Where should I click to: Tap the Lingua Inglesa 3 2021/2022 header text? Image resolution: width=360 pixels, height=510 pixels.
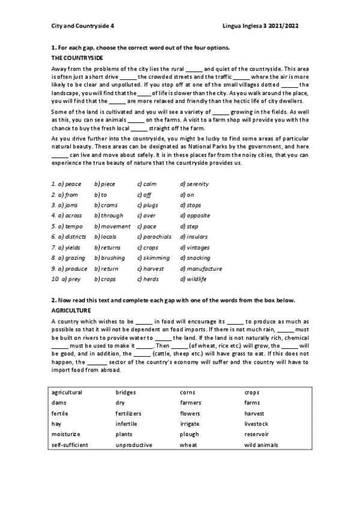tap(260, 26)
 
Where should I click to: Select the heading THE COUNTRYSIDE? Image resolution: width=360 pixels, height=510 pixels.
tap(78, 58)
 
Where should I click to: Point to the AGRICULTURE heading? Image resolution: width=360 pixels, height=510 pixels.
tap(71, 310)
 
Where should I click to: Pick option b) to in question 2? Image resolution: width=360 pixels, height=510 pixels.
tap(101, 194)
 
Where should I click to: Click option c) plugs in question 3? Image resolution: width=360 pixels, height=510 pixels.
tap(148, 205)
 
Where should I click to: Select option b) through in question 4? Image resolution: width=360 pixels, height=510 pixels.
tap(109, 215)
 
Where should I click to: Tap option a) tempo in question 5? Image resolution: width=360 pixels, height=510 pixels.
tap(67, 226)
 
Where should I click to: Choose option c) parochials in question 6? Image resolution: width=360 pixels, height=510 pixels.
tap(154, 237)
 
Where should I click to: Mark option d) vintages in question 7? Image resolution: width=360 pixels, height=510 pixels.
tap(195, 247)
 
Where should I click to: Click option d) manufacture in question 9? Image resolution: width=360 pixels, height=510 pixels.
tap(201, 269)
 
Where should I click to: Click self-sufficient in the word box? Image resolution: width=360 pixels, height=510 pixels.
tap(70, 445)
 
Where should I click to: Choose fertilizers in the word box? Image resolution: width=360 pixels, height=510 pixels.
tap(128, 414)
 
